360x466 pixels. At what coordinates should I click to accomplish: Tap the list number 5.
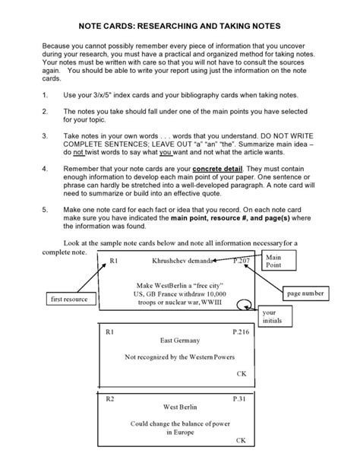pos(45,207)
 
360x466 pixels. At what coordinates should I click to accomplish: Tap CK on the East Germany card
pos(241,374)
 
